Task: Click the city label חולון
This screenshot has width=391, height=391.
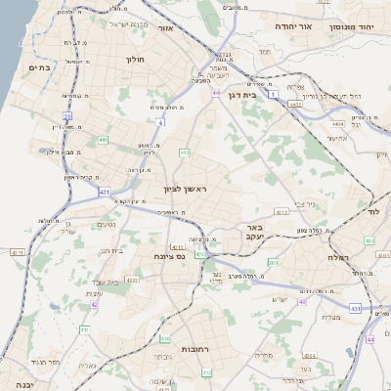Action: [135, 60]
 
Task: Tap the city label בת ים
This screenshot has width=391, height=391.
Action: [40, 66]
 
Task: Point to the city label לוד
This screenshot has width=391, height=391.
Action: [372, 211]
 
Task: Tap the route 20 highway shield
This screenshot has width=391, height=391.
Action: [68, 115]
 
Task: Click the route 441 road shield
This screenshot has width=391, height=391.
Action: [103, 141]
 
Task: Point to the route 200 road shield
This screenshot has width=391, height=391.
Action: [273, 263]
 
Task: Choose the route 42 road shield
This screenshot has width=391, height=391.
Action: [94, 304]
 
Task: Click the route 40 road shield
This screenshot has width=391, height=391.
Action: [302, 301]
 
